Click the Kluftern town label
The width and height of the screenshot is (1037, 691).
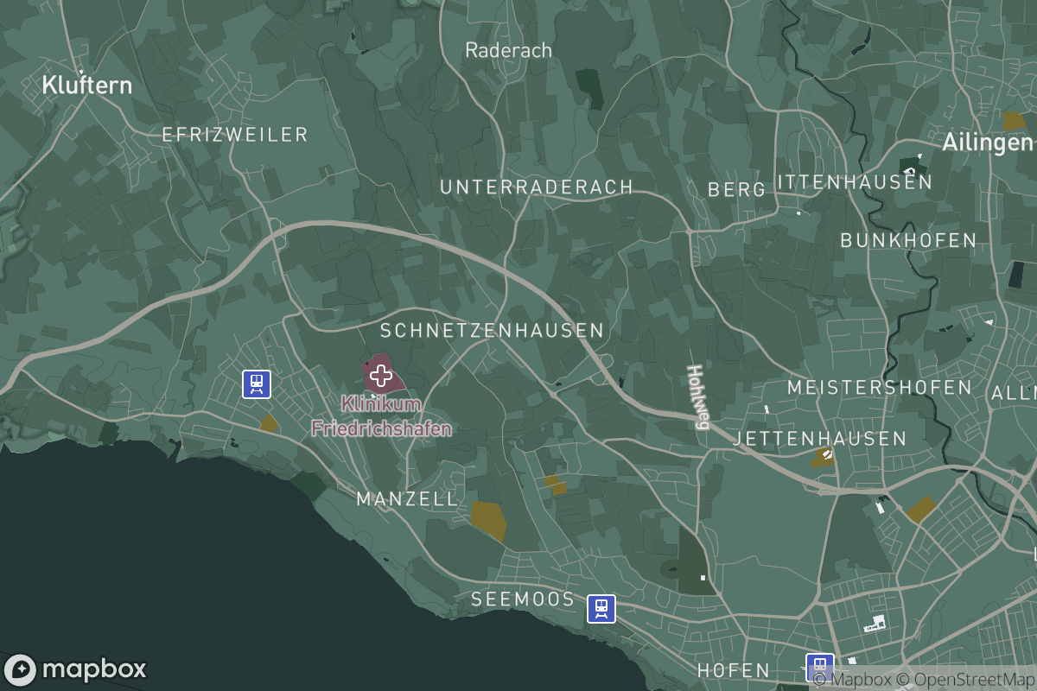(87, 85)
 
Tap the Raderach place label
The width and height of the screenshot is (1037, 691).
(508, 50)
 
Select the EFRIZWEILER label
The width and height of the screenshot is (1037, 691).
(235, 134)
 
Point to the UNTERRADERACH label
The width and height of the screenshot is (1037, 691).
(537, 187)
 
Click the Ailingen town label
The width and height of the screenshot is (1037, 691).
(988, 143)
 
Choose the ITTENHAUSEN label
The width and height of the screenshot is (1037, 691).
(855, 182)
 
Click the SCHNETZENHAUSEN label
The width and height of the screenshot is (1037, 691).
(493, 331)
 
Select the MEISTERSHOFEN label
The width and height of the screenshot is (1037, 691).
(880, 388)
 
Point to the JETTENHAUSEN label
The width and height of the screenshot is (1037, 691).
(819, 439)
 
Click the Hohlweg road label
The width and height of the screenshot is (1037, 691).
(697, 396)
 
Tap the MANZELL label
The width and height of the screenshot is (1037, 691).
(407, 498)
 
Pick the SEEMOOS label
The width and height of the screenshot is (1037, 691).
(523, 599)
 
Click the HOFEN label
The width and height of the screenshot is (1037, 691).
(733, 670)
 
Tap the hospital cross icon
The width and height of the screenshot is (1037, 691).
(380, 376)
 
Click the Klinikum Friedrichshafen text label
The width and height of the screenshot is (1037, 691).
(381, 416)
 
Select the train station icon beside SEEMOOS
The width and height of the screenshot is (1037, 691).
(601, 608)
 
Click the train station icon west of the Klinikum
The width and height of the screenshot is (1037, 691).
(257, 384)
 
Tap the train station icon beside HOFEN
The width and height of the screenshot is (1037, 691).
(819, 667)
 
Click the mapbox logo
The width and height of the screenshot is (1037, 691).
(75, 669)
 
